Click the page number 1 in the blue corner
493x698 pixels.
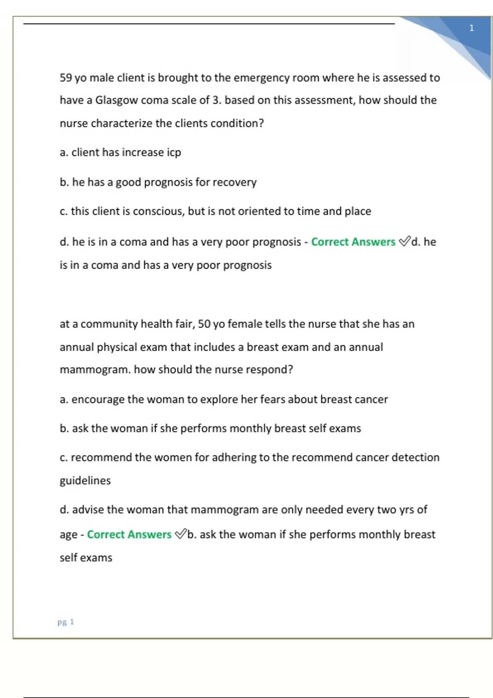[x=471, y=28]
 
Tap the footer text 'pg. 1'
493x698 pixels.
[x=66, y=622]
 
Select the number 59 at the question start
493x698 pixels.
[x=66, y=78]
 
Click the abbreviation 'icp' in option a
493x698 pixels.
[x=174, y=152]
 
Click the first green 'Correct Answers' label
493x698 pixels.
[x=353, y=242]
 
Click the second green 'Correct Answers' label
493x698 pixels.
[x=129, y=534]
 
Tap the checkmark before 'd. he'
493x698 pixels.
[x=405, y=241]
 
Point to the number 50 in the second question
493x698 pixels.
[x=204, y=324]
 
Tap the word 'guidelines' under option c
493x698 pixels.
[x=85, y=480]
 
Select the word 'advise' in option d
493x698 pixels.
[x=88, y=510]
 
